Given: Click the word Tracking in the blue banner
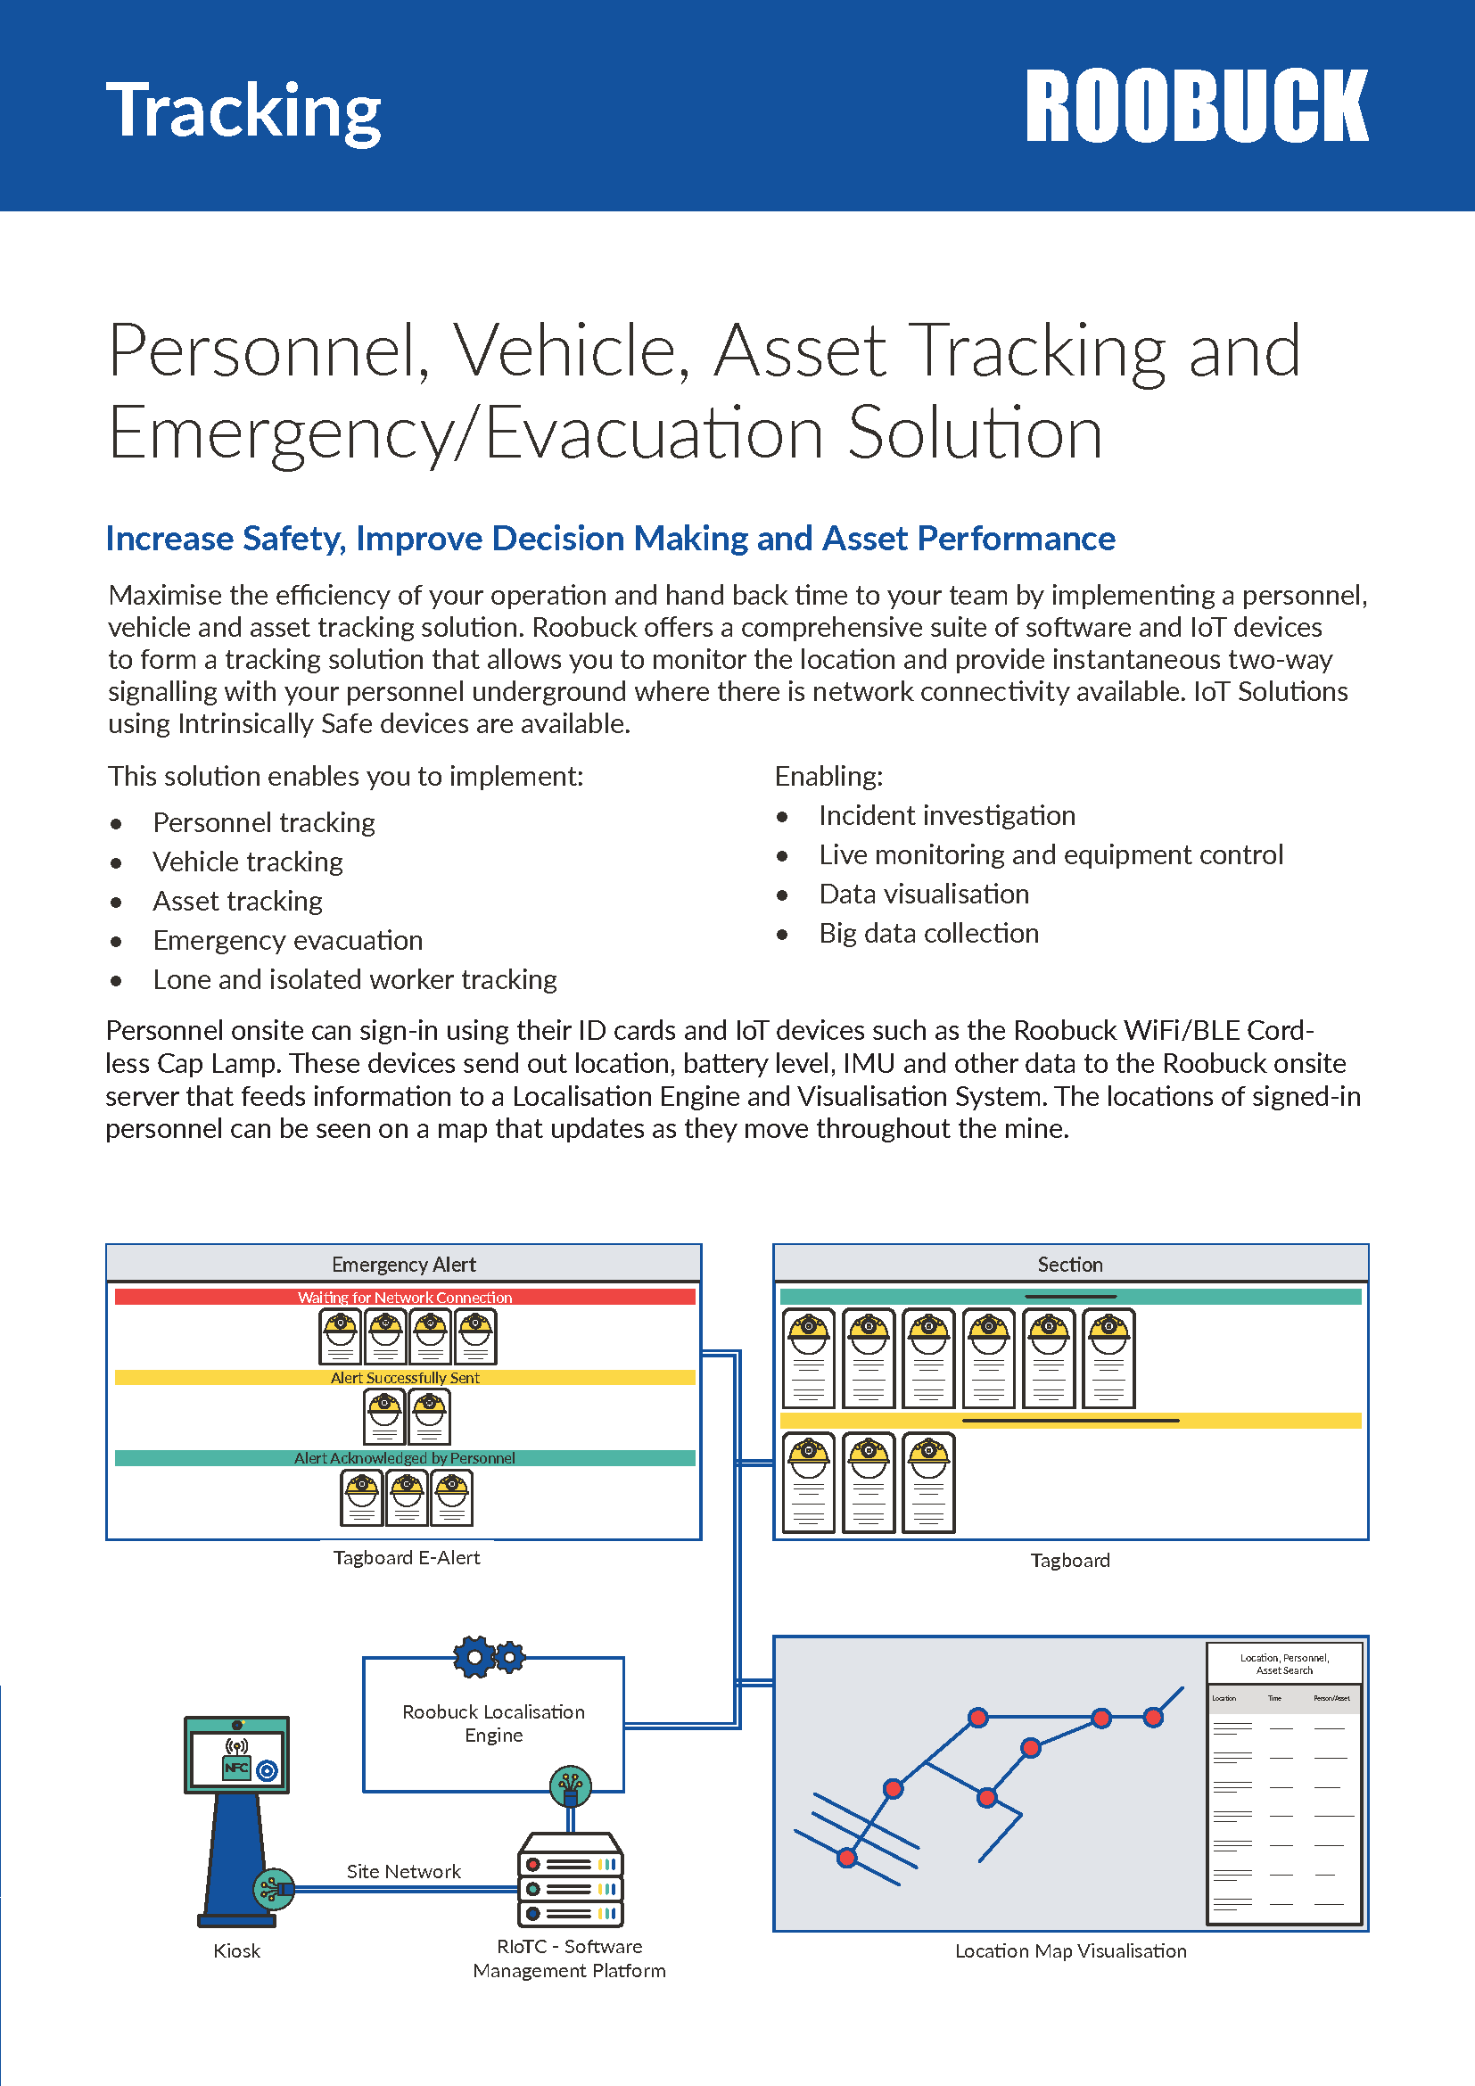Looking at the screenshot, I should [x=243, y=111].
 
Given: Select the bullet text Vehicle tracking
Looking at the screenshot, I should [x=247, y=862].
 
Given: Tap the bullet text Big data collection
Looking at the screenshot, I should [x=928, y=933].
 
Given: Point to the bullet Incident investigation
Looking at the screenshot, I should [x=946, y=815].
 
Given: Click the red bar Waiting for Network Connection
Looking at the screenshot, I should [x=404, y=1297].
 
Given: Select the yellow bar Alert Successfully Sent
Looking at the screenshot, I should [x=404, y=1377].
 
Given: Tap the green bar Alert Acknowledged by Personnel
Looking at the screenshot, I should [x=404, y=1457].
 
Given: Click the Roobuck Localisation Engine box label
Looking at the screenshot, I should [x=493, y=1724].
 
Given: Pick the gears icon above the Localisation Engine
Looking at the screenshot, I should [x=489, y=1656].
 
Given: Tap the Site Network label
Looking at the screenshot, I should [x=403, y=1872].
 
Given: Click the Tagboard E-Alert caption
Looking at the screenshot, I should [x=406, y=1557].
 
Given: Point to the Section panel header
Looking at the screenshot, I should [x=1070, y=1264].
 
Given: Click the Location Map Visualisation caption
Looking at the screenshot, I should [x=1070, y=1950].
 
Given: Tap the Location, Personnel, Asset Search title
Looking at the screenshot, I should [x=1283, y=1663].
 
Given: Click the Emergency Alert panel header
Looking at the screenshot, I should [x=403, y=1264].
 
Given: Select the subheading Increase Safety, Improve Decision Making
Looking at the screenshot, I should [x=609, y=539].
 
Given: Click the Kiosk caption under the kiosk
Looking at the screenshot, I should [x=236, y=1950].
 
